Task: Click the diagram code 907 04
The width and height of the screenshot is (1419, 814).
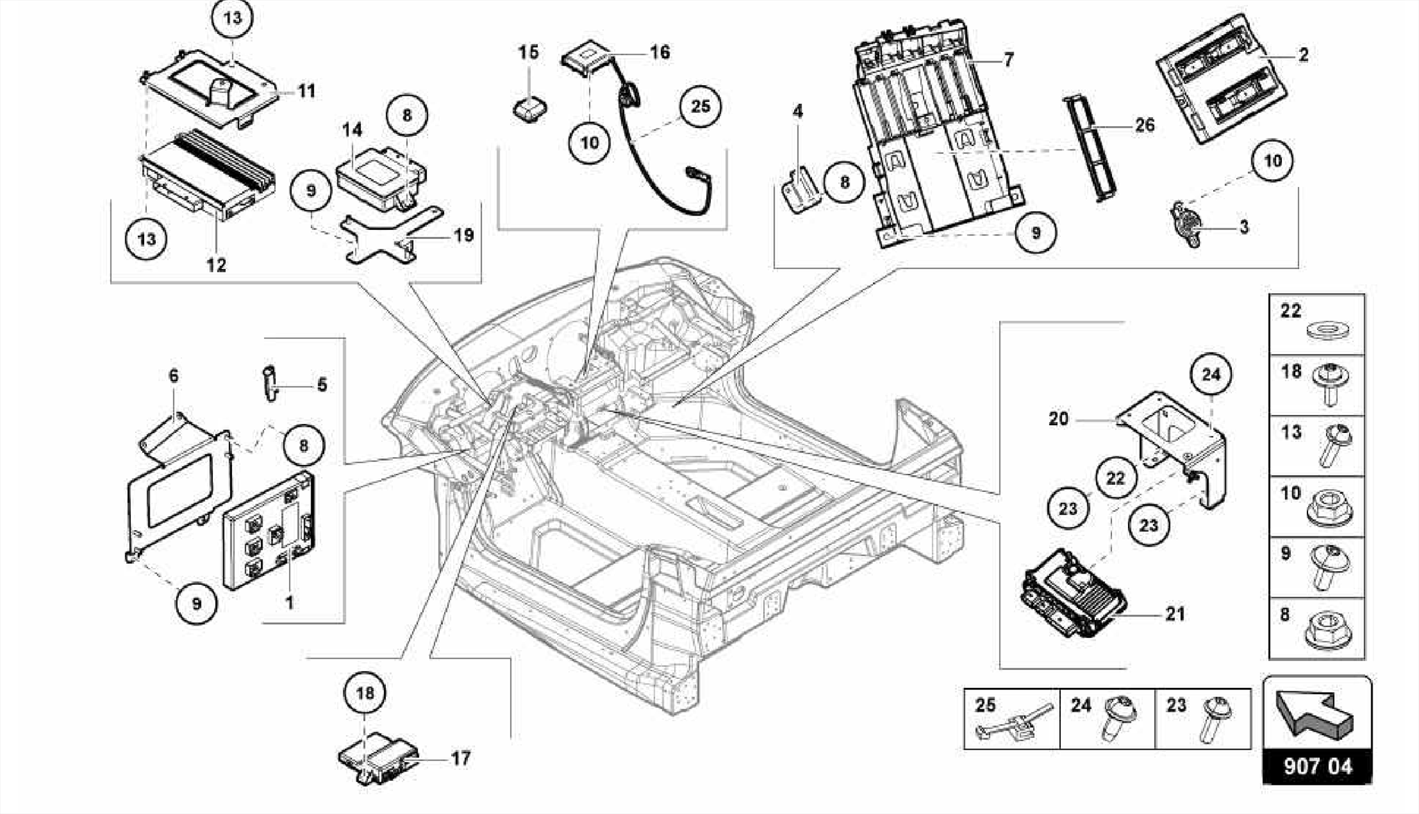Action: point(1317,766)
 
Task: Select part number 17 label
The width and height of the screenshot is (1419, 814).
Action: point(461,758)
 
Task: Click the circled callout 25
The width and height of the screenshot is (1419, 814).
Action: point(700,106)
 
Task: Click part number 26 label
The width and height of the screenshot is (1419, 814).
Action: point(1145,125)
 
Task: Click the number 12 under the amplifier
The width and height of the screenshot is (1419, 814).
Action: point(216,265)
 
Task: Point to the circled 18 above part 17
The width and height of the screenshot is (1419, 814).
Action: point(365,693)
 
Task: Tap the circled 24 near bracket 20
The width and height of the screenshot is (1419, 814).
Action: point(1210,375)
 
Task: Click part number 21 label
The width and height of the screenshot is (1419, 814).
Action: point(1175,614)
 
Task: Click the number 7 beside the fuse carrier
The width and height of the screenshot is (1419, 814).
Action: point(1008,60)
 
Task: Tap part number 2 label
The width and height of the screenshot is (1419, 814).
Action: point(1303,54)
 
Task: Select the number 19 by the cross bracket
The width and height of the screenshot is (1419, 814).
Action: point(464,235)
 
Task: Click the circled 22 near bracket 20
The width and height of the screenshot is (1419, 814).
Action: point(1116,478)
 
